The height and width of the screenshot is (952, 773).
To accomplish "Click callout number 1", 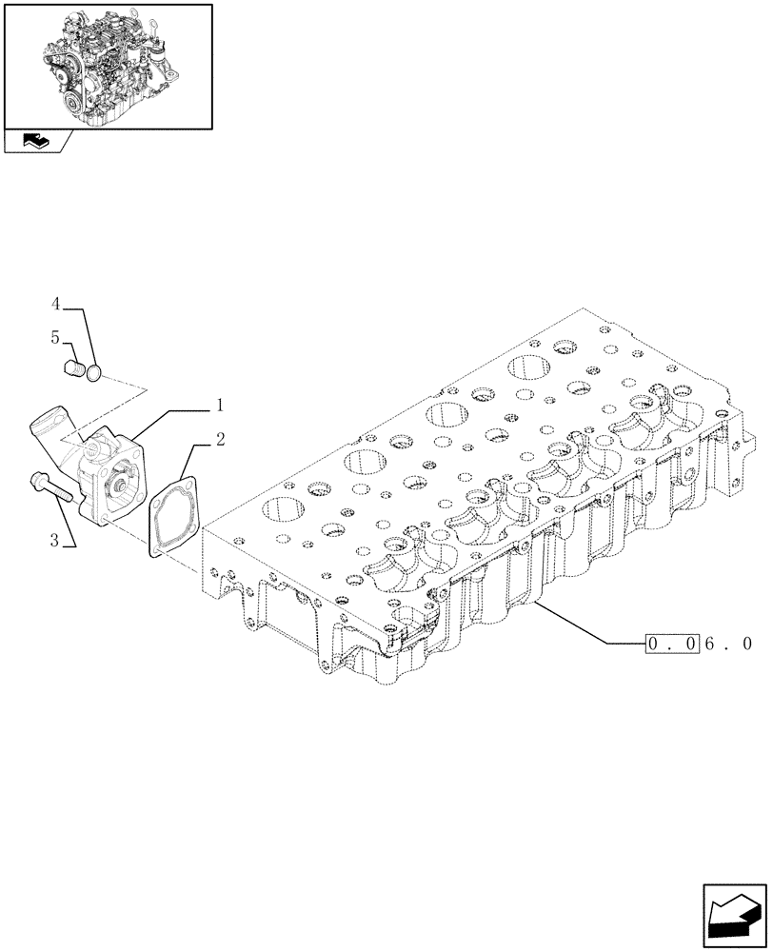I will pos(219,406).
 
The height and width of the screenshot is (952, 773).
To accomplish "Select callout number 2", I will pos(219,440).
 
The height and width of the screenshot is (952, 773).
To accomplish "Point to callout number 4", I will pos(56,304).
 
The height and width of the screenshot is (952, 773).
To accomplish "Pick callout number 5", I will pos(56,337).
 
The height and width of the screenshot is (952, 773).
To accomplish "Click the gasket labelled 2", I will pos(172,515).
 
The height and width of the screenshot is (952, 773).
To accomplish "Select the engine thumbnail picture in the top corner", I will pos(107,66).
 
